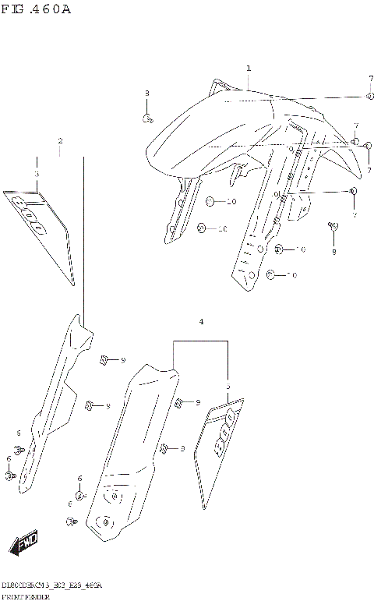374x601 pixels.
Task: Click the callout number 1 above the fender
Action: point(249,69)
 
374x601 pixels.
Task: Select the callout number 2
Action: point(60,141)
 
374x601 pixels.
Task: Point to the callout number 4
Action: point(201,321)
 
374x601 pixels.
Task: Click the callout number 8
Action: point(146,94)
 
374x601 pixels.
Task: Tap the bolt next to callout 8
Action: point(146,118)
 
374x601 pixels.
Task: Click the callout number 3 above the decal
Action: point(36,175)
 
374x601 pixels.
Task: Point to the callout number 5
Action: point(228,387)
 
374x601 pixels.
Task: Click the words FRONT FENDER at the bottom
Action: point(26,596)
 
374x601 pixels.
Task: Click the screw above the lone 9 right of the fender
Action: point(333,226)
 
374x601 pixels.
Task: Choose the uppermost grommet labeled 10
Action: point(210,202)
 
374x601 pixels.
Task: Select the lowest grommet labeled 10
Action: point(271,274)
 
